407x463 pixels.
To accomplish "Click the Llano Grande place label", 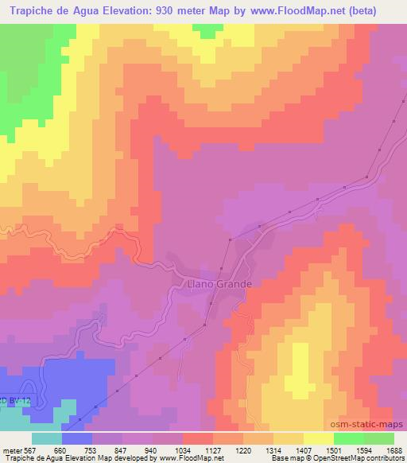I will click(219, 283).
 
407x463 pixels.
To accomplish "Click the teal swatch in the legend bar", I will click(46, 438).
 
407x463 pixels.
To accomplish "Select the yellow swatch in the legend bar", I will click(318, 438).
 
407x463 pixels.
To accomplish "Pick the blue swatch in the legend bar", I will click(76, 438).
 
